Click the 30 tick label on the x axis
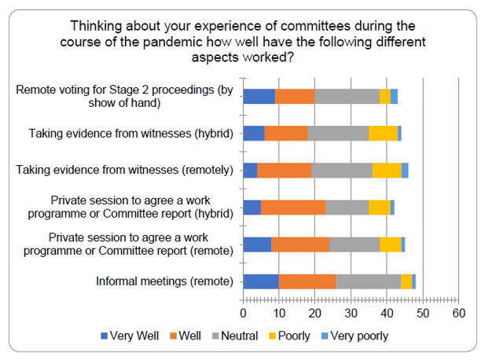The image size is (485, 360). click(x=351, y=313)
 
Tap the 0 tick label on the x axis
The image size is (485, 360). click(x=244, y=313)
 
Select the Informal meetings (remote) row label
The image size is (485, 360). click(x=164, y=281)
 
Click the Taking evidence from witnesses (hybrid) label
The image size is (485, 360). click(x=132, y=134)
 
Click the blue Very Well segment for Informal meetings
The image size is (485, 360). click(x=261, y=281)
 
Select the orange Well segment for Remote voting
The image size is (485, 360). click(x=295, y=96)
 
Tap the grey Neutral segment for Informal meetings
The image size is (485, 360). click(x=369, y=281)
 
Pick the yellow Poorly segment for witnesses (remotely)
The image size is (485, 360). click(x=387, y=170)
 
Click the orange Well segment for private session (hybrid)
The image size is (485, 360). click(x=293, y=207)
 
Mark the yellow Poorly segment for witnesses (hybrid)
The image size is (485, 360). click(x=383, y=133)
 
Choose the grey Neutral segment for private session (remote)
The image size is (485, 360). click(x=355, y=244)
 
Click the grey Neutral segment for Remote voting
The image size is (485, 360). click(x=347, y=96)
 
